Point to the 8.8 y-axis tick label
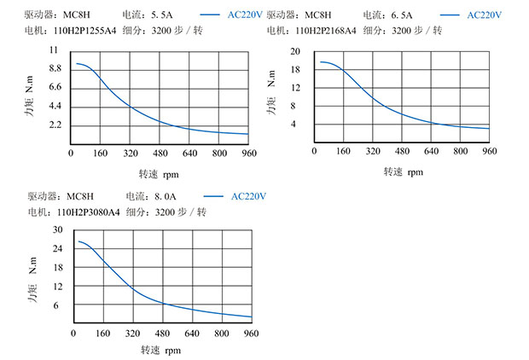[x=55, y=68]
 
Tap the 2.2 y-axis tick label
[x=55, y=125]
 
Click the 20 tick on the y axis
[x=295, y=51]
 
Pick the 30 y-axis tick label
[x=57, y=230]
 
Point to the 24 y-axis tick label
[x=57, y=249]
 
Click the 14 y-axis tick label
[x=295, y=88]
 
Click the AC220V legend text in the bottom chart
[x=249, y=196]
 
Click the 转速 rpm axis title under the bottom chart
[x=160, y=350]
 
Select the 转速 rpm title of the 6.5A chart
[x=403, y=171]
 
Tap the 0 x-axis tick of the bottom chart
[x=73, y=333]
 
